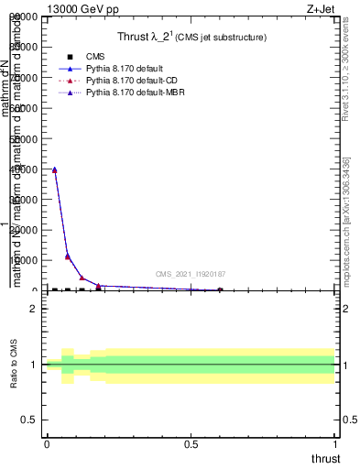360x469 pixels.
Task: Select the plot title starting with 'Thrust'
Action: click(191, 38)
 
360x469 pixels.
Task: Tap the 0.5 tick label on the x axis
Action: click(191, 444)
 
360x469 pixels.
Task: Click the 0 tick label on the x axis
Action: click(47, 444)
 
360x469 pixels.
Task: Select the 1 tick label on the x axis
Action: click(335, 444)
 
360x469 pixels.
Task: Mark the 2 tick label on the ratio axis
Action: click(33, 308)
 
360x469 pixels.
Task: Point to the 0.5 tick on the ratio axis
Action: click(29, 420)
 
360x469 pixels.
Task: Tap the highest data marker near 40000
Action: click(54, 169)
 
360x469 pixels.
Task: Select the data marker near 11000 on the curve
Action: click(67, 256)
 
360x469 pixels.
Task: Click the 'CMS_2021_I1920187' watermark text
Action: click(191, 274)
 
